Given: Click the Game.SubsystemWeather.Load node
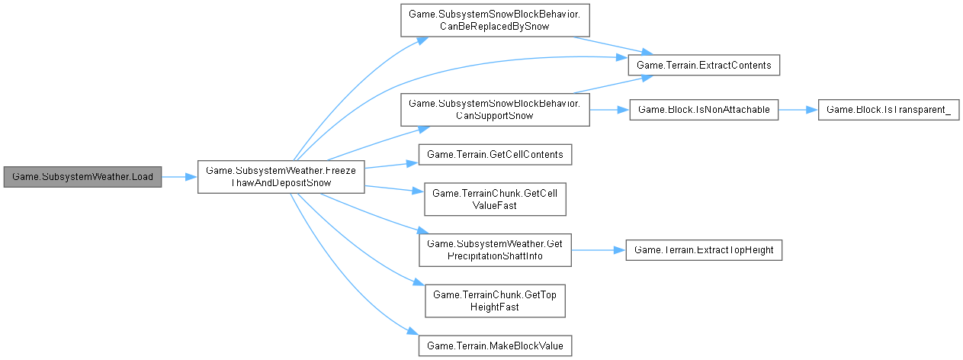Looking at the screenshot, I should pyautogui.click(x=82, y=177).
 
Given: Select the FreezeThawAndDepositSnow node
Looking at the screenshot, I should pyautogui.click(x=281, y=177).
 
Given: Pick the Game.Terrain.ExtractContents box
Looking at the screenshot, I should pyautogui.click(x=703, y=66).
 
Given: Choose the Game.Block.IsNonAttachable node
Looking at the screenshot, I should pyautogui.click(x=703, y=110).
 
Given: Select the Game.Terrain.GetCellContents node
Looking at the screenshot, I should pyautogui.click(x=495, y=155).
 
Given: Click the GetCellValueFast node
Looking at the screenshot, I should pyautogui.click(x=495, y=198).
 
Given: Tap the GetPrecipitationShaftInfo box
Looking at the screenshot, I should pyautogui.click(x=495, y=249).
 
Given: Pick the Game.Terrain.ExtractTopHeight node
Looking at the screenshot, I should pyautogui.click(x=703, y=249).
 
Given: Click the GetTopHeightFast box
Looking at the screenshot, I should pyautogui.click(x=495, y=300).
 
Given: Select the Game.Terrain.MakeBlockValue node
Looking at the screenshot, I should pyautogui.click(x=495, y=346).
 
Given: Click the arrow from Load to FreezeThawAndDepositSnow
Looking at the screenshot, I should pyautogui.click(x=180, y=177).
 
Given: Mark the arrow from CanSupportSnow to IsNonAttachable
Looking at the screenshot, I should pyautogui.click(x=608, y=110).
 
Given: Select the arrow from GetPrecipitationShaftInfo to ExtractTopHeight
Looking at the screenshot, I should pyautogui.click(x=599, y=249).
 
